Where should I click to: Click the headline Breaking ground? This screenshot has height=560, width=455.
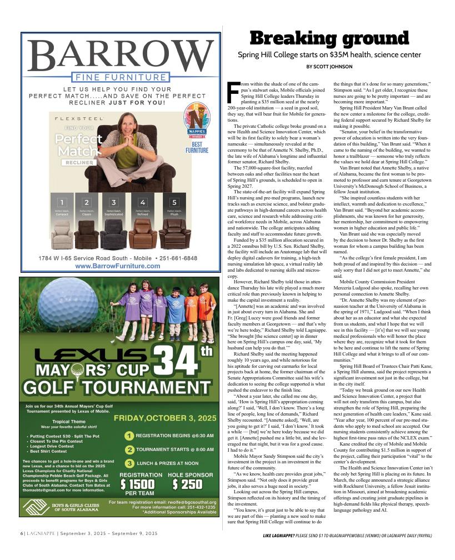[329, 38]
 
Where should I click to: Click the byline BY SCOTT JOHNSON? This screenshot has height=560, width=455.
[329, 67]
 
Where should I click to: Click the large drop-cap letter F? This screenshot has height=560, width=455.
[233, 92]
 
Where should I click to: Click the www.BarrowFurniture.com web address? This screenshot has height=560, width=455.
[117, 266]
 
